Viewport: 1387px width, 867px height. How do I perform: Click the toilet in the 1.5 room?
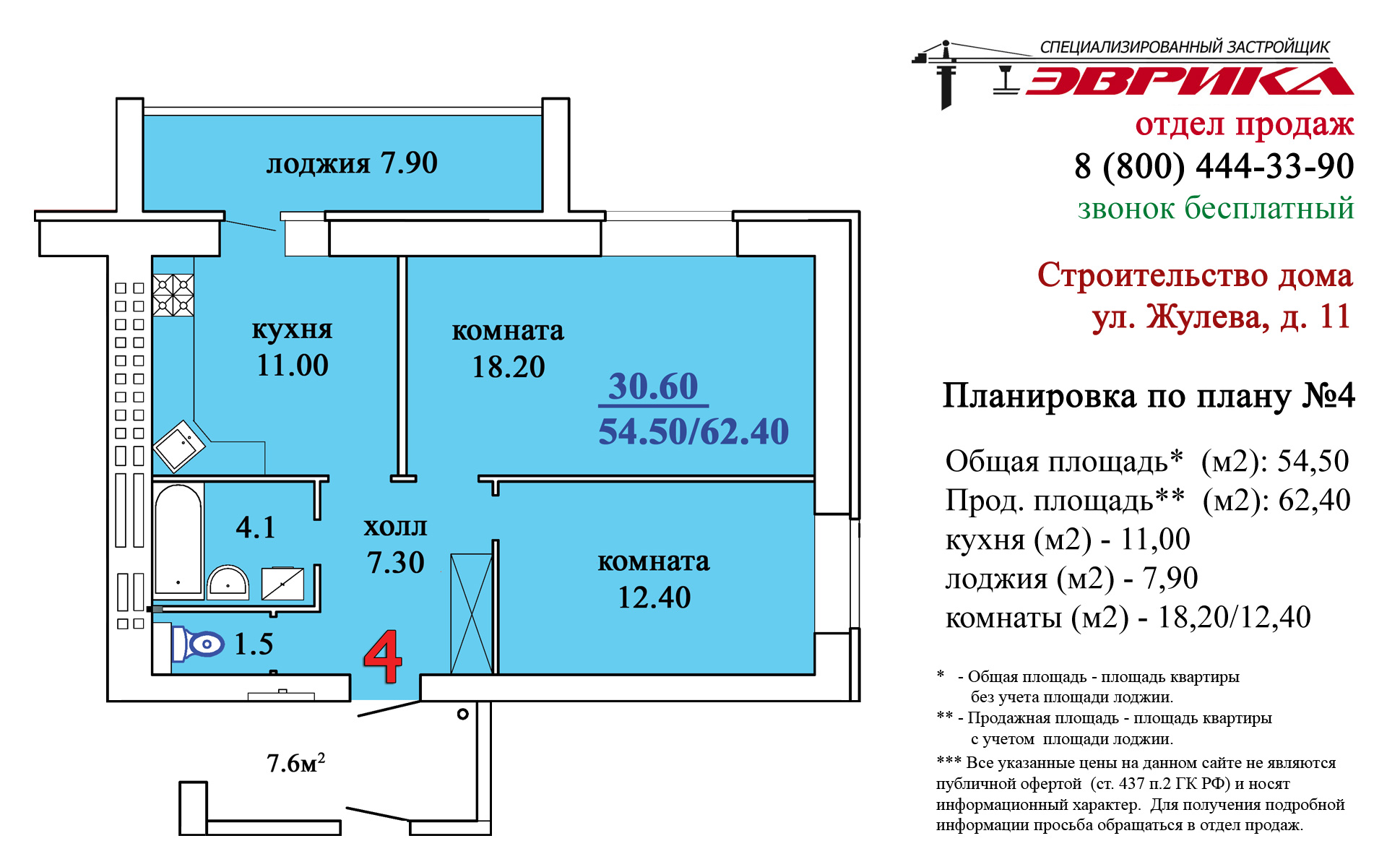(x=198, y=644)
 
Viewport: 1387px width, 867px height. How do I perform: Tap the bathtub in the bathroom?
(x=178, y=540)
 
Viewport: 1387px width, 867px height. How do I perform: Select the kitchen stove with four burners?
(x=173, y=295)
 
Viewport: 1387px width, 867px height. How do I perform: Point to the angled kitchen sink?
(x=179, y=447)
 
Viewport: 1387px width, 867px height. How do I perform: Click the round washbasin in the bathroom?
(x=228, y=582)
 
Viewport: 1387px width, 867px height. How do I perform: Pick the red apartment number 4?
(x=383, y=656)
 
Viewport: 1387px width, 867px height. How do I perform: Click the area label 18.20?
(x=508, y=367)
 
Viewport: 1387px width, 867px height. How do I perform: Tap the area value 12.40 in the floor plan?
(x=654, y=598)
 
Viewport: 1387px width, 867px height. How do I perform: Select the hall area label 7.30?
(x=395, y=563)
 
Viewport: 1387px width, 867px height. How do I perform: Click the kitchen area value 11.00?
(x=293, y=366)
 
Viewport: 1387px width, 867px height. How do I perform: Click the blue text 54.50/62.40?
(x=693, y=431)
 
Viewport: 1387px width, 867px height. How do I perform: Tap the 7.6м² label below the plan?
(x=295, y=762)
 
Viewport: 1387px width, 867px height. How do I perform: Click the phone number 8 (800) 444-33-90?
(x=1214, y=166)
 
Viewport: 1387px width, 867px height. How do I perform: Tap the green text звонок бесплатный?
(x=1216, y=208)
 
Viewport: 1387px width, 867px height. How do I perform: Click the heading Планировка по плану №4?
(x=1149, y=396)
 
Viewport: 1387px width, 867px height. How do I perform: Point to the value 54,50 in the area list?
(x=1313, y=461)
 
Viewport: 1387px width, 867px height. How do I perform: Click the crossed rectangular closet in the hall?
(x=472, y=614)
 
